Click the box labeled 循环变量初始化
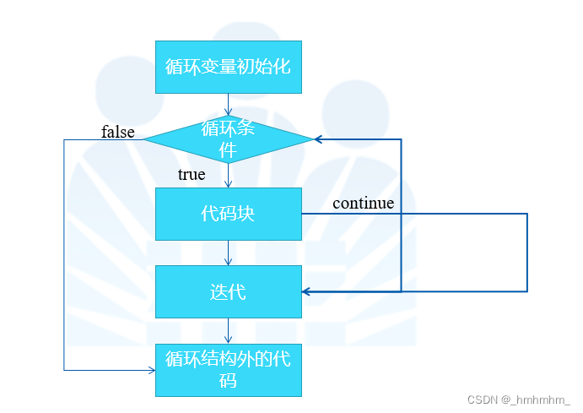(x=228, y=67)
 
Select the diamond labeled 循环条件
(x=228, y=139)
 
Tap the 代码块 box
(x=228, y=214)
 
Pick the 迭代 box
(x=228, y=291)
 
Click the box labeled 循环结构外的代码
(x=228, y=369)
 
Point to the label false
(x=118, y=132)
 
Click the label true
(x=192, y=175)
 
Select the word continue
(x=363, y=203)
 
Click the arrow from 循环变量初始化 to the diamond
(x=228, y=104)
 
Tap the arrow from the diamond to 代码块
(x=228, y=176)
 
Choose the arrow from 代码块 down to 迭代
(x=228, y=253)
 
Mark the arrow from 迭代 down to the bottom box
(x=228, y=330)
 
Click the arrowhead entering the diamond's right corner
(x=319, y=139)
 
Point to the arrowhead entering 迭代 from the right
(x=307, y=291)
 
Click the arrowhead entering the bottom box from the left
(x=151, y=370)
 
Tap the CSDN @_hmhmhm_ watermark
(x=519, y=399)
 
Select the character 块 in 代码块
(x=246, y=214)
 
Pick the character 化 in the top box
(x=282, y=66)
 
